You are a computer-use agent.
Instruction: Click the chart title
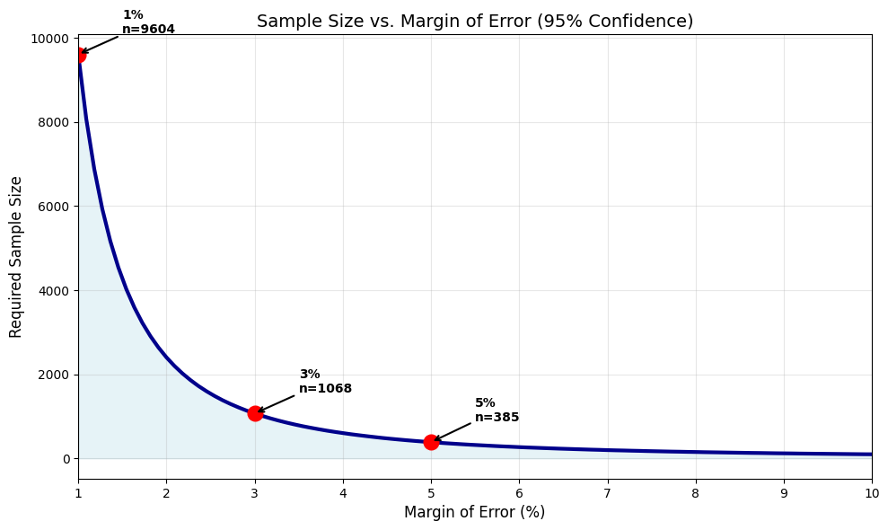[474, 22]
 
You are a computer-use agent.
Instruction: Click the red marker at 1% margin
[79, 55]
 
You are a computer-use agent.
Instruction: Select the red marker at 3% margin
[255, 413]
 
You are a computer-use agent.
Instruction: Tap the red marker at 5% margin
[431, 442]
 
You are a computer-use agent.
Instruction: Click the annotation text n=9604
[148, 30]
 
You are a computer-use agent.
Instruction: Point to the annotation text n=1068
[325, 389]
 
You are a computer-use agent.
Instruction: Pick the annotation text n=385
[497, 418]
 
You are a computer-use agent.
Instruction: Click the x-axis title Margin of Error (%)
[474, 513]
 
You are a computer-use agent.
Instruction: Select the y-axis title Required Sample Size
[16, 257]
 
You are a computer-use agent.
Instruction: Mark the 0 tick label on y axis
[66, 459]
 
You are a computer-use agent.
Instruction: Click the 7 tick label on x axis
[607, 493]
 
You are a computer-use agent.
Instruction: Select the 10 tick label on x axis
[871, 493]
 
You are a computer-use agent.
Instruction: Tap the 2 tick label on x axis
[166, 493]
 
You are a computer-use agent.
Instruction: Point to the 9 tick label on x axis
[783, 493]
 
